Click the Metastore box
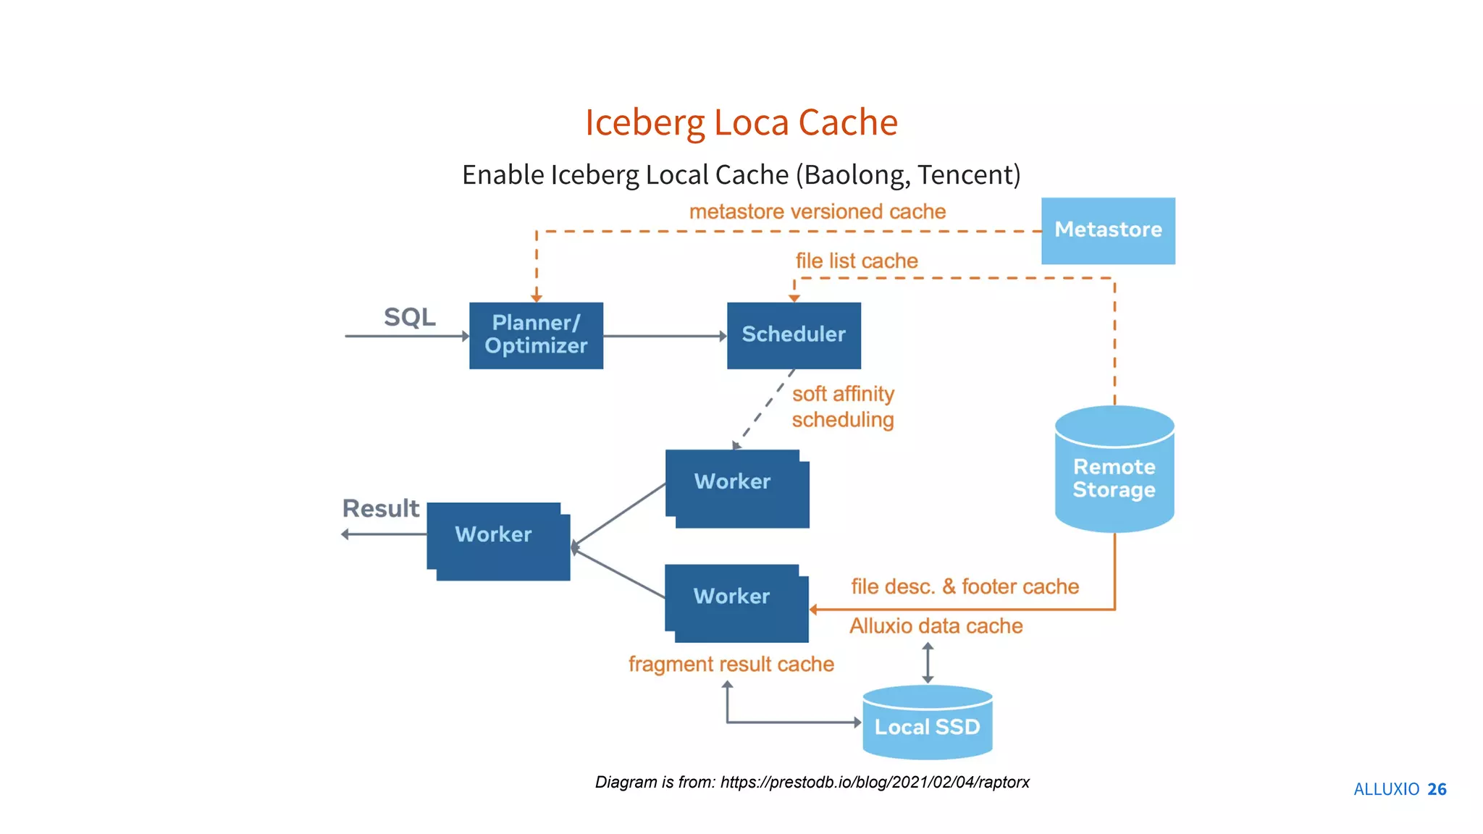(1108, 230)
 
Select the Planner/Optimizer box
(536, 335)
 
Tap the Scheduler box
(794, 335)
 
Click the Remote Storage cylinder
(1114, 478)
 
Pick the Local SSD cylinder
(927, 726)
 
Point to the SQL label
(409, 317)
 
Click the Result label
(380, 508)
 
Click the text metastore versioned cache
(818, 211)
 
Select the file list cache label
(857, 261)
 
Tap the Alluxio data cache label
(936, 625)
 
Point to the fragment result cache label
(731, 664)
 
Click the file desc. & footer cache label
(965, 586)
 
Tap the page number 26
(1437, 789)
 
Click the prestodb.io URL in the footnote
(874, 782)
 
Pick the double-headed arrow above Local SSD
(928, 662)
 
